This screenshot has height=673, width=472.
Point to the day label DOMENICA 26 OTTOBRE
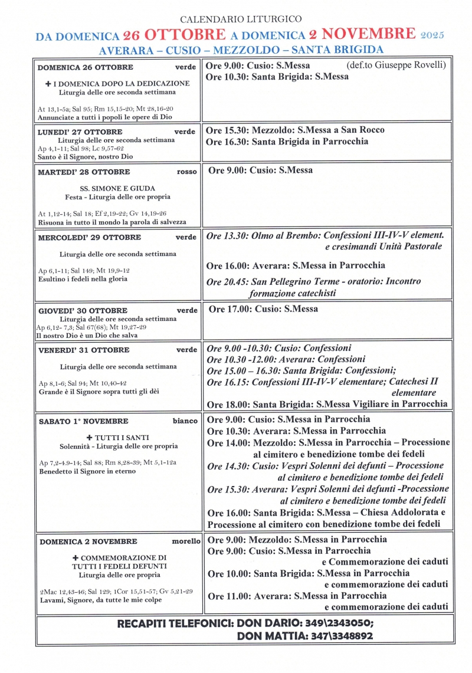(x=86, y=67)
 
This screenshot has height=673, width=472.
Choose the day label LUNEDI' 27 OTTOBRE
(x=80, y=132)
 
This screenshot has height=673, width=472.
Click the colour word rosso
(x=186, y=172)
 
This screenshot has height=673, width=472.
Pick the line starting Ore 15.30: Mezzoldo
(x=295, y=130)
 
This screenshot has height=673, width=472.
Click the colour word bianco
(x=185, y=421)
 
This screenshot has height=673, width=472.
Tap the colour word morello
(x=186, y=541)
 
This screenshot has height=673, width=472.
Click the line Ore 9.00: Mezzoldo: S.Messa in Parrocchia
(x=297, y=540)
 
